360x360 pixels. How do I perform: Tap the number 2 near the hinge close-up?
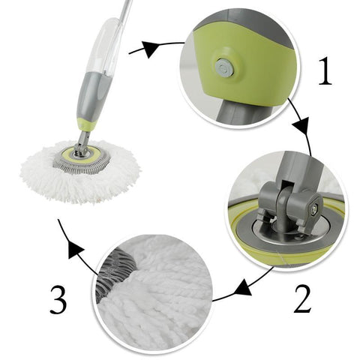point(301,298)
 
